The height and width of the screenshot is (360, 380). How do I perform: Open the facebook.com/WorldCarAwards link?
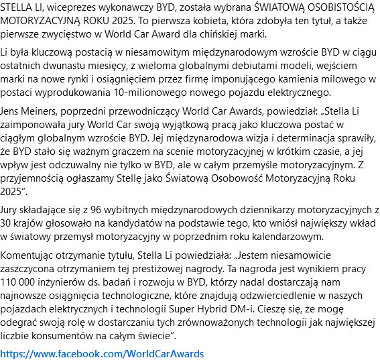point(102,353)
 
